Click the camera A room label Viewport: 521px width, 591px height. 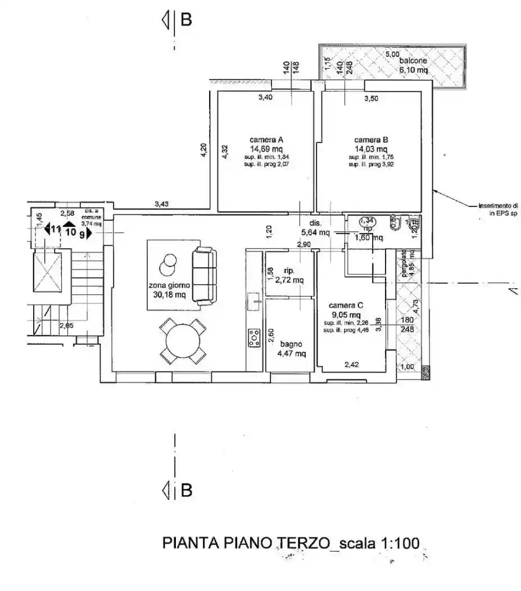coord(266,140)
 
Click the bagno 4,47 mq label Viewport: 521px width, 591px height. coord(292,348)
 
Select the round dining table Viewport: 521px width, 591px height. coord(183,341)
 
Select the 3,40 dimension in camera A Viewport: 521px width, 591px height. coord(265,98)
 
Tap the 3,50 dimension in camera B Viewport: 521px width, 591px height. coord(372,98)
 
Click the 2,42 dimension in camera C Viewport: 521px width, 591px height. coord(351,365)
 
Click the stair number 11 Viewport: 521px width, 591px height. coord(55,229)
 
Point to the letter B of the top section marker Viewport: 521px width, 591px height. coord(186,20)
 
